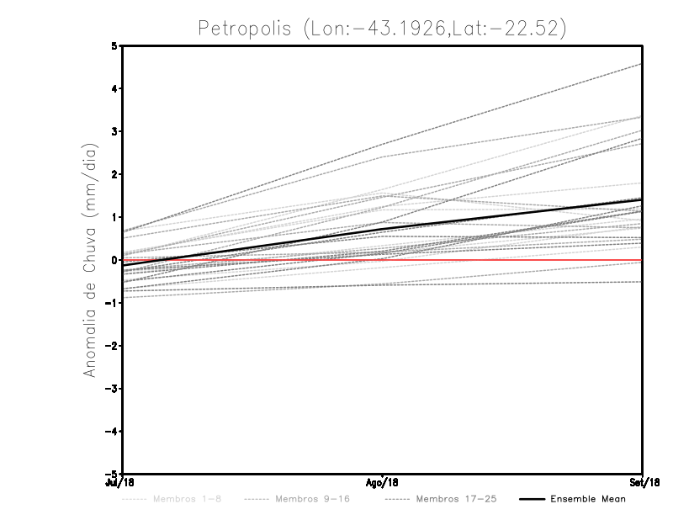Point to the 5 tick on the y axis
114,45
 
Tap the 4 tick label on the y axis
114,88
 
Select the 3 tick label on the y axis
114,131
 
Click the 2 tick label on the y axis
114,174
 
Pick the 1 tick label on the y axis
114,217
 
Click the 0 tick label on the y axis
114,260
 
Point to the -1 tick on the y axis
112,303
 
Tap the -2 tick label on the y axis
112,346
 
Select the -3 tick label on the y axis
112,389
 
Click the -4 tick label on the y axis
112,432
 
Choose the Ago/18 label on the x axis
383,483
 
